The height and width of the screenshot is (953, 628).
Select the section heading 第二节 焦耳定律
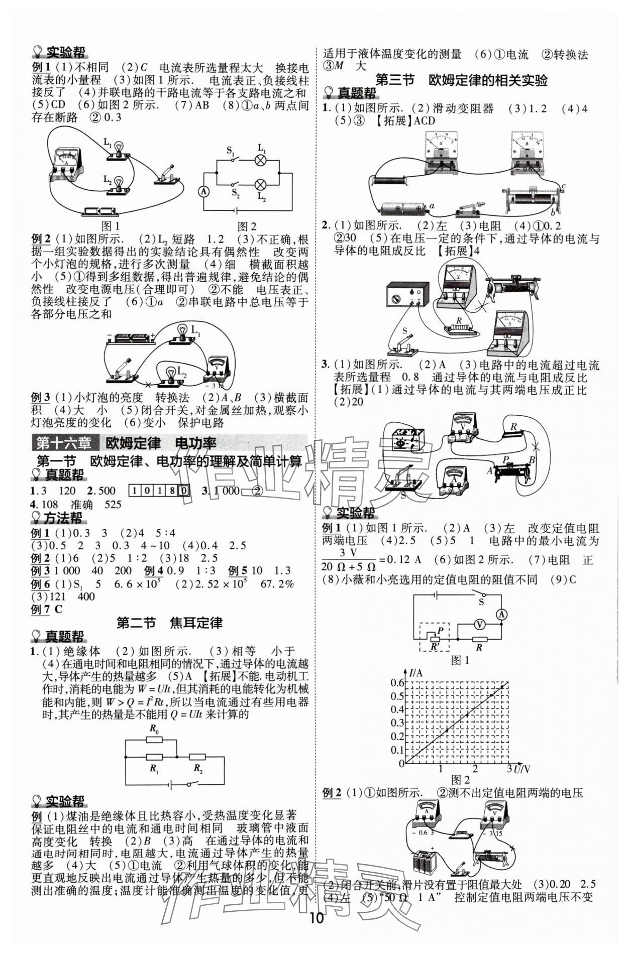[x=169, y=623]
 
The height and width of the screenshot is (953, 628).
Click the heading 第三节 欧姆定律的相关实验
[x=462, y=80]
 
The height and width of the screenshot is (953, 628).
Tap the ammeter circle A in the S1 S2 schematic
[x=203, y=191]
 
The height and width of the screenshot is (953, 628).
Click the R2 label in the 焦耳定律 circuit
[x=198, y=769]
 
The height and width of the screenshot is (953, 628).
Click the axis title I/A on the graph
[x=415, y=673]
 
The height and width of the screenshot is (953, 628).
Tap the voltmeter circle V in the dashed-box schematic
[x=479, y=624]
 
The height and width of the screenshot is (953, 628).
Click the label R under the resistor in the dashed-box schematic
[x=479, y=648]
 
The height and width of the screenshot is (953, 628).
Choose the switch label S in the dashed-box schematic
[x=481, y=601]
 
